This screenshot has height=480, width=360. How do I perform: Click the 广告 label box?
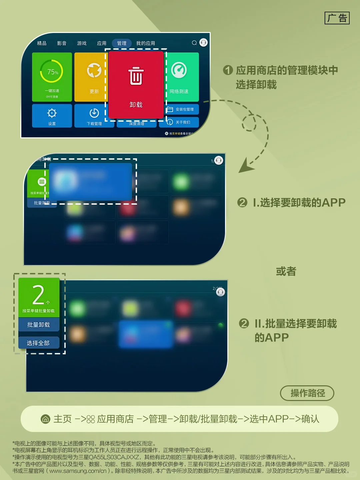click(337, 18)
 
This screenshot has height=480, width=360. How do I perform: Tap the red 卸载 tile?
click(136, 84)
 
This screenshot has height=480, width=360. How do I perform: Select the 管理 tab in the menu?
click(122, 43)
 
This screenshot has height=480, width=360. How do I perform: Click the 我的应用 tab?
click(146, 43)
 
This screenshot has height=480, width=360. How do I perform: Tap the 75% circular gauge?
click(52, 71)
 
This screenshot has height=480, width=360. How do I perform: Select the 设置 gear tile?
click(52, 116)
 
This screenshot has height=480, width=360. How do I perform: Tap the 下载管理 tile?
click(94, 116)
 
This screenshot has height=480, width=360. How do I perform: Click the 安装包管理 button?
click(182, 109)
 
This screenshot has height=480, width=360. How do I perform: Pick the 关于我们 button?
click(182, 122)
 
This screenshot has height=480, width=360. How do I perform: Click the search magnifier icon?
click(194, 43)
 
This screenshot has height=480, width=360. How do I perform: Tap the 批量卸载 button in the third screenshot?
click(39, 325)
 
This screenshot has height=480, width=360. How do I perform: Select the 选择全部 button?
click(39, 343)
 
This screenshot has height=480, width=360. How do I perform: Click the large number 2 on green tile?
click(39, 295)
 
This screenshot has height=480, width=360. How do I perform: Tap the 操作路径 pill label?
click(307, 393)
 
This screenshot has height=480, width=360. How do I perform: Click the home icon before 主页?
click(45, 419)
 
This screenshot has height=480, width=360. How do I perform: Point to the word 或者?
click(286, 271)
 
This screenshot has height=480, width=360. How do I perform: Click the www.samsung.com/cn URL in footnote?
click(78, 471)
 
